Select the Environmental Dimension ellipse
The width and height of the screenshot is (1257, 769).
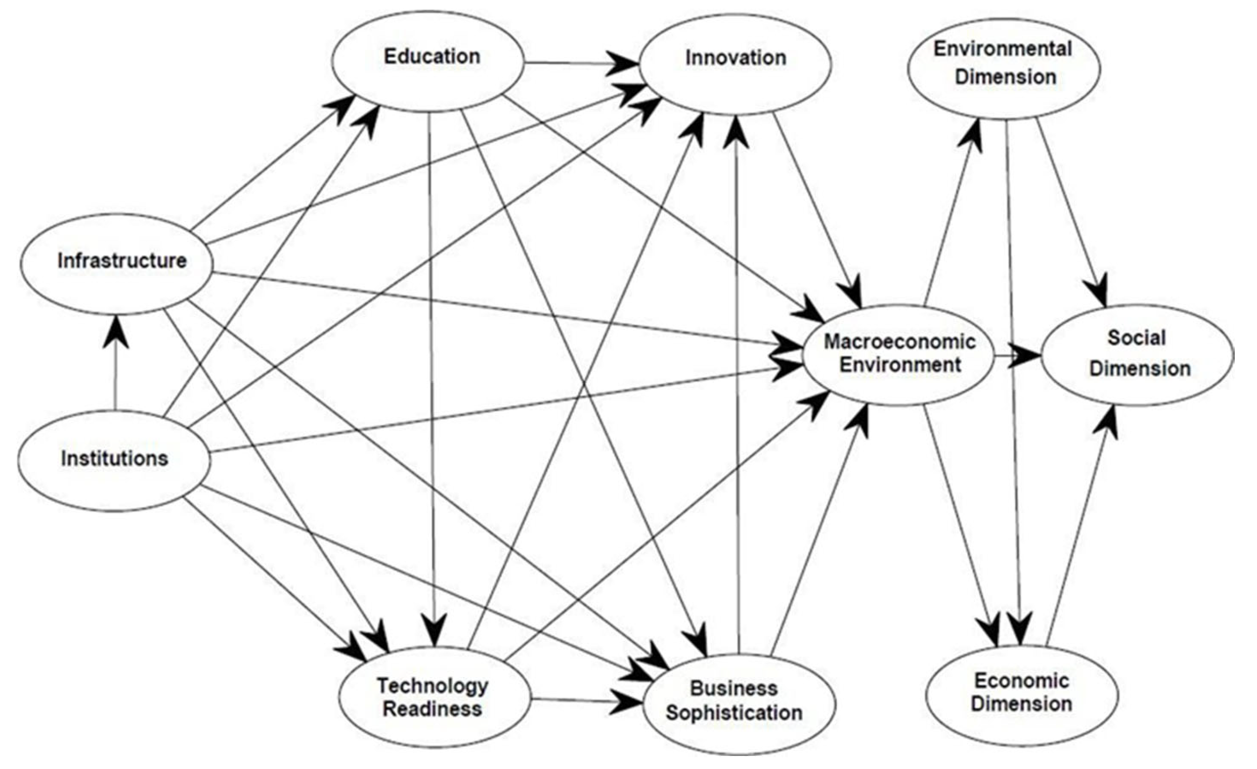coord(1003,68)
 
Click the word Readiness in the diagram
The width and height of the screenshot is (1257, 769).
coord(433,709)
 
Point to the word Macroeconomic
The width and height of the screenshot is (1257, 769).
coord(900,342)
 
